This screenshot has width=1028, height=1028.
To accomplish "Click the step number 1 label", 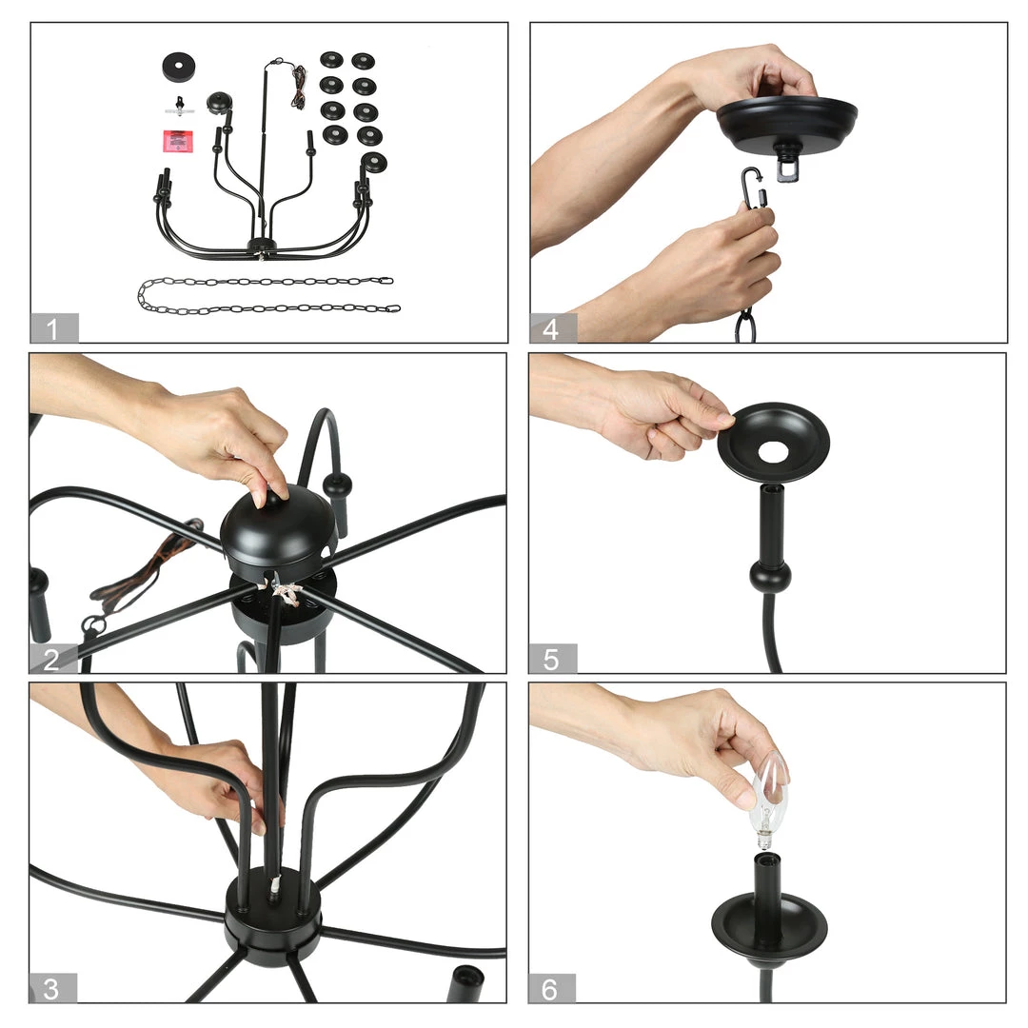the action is coord(52,328).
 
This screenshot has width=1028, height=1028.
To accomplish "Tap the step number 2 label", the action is coord(51,659).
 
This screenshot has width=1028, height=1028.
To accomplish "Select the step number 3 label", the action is coord(51,989).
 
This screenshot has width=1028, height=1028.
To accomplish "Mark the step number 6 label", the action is coord(551,989).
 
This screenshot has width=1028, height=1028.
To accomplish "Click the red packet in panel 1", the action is coord(178,141).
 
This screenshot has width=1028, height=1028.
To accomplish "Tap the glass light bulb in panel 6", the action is coord(768,801).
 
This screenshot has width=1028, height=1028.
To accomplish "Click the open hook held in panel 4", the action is coord(752,187).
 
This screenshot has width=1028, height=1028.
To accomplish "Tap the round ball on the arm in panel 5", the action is coord(770,576).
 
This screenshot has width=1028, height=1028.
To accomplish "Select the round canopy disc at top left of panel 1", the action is coord(179,68).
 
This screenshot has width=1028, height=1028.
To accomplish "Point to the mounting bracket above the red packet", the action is coord(179,107).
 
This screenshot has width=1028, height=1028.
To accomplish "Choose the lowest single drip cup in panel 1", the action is coord(374,163).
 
